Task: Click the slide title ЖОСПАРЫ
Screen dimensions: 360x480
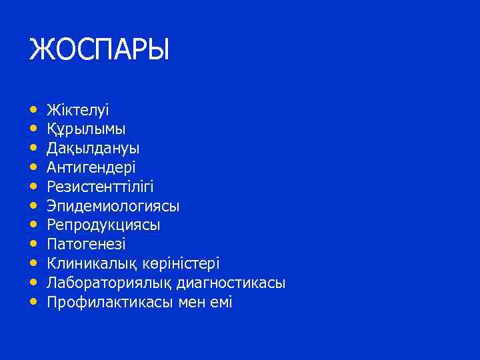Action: tap(99, 51)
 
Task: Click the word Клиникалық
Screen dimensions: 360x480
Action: tap(84, 264)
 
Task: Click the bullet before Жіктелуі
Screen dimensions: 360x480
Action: tap(33, 109)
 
